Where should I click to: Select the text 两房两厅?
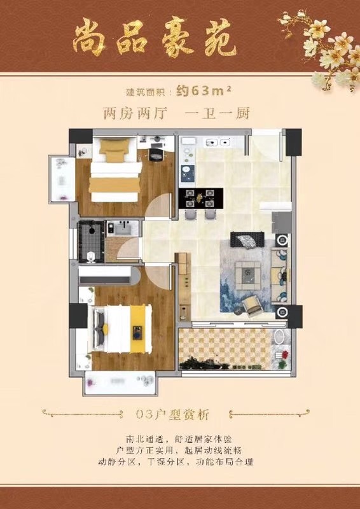[135, 114]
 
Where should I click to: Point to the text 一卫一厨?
[217, 114]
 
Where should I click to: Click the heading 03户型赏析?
[173, 415]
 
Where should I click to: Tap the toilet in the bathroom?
[91, 257]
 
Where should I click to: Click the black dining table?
[201, 199]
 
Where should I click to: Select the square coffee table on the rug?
[248, 275]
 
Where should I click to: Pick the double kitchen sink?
[218, 142]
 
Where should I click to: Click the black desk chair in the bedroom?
[156, 155]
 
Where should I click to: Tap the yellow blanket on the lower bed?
[137, 329]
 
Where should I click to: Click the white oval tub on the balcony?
[279, 337]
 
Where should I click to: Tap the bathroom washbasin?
[122, 228]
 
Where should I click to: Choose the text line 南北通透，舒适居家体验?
[179, 439]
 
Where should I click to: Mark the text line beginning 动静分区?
[176, 461]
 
